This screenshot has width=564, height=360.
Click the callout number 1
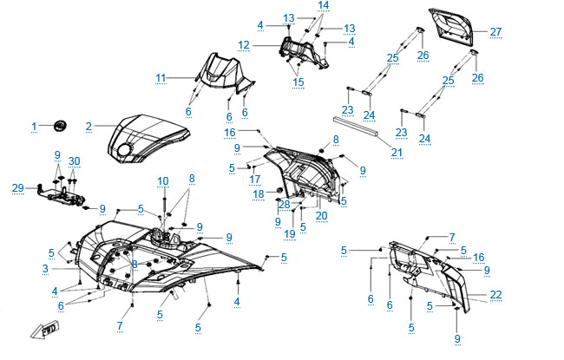tap(35, 126)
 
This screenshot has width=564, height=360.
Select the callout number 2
tap(89, 127)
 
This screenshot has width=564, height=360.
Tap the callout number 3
tap(45, 270)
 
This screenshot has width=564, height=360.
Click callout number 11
tap(161, 78)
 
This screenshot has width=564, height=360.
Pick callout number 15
tap(298, 82)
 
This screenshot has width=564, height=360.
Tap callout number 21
tap(397, 153)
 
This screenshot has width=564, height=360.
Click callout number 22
tap(495, 295)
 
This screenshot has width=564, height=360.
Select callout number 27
tap(495, 32)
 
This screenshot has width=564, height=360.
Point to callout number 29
tap(17, 187)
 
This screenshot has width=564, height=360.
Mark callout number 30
tap(74, 161)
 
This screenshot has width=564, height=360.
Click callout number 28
tap(284, 204)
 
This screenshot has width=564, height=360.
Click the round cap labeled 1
tap(62, 125)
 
